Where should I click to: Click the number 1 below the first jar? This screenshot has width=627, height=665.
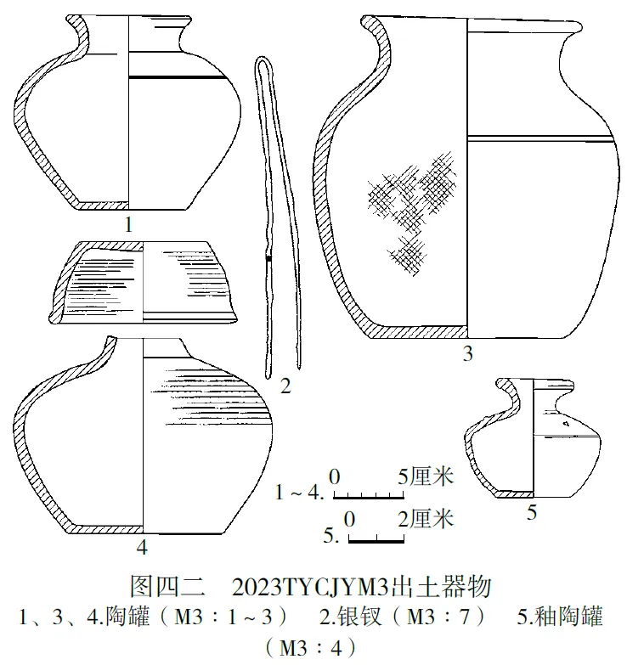[x=127, y=225]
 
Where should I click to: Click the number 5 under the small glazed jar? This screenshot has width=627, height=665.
[x=532, y=511]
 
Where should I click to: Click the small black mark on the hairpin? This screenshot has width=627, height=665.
[x=268, y=257]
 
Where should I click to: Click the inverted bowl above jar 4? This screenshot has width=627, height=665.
[x=143, y=282]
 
